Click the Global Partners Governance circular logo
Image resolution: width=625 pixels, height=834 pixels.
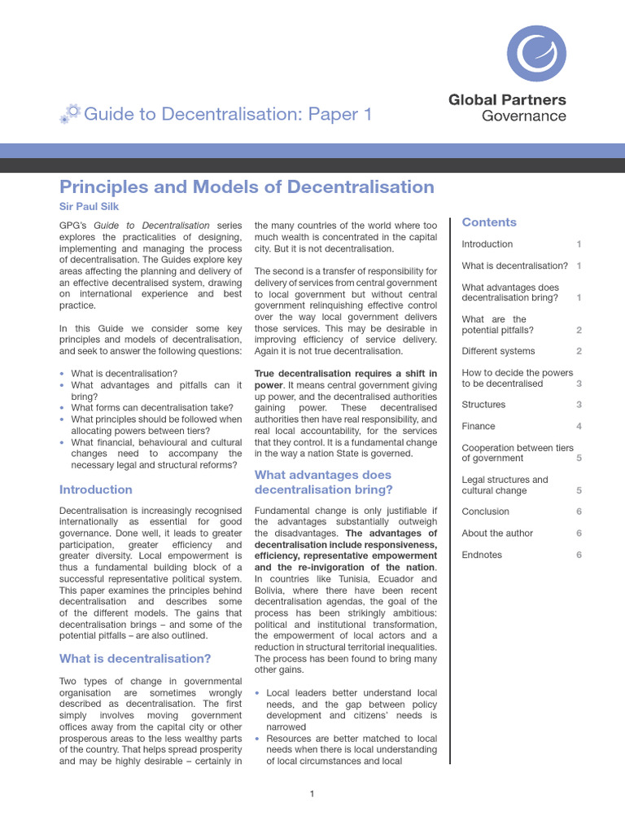(x=536, y=53)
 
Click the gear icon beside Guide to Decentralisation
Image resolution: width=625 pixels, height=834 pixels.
(x=70, y=114)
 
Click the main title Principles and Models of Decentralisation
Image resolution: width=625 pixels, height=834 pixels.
(x=247, y=187)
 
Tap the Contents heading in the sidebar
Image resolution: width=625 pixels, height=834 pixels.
(x=489, y=222)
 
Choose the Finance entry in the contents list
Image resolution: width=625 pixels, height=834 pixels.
(x=479, y=426)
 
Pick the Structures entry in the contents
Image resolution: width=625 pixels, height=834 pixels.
(x=483, y=405)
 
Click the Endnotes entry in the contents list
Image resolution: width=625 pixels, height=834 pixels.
(x=482, y=555)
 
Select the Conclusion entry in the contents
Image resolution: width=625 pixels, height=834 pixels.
(x=485, y=511)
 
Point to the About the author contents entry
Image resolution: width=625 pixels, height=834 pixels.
(x=497, y=533)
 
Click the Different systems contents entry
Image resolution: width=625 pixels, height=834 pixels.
(x=498, y=351)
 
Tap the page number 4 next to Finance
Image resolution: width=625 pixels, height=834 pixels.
(x=579, y=426)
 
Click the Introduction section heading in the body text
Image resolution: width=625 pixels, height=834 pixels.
(x=96, y=489)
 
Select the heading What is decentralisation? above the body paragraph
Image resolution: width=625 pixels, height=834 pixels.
(x=135, y=658)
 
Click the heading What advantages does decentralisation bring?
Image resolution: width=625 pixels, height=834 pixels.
(x=323, y=482)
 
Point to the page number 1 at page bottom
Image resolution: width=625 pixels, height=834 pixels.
(x=312, y=794)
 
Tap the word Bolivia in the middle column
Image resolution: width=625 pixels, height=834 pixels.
(x=273, y=590)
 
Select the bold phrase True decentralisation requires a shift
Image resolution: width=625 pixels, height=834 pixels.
(x=346, y=373)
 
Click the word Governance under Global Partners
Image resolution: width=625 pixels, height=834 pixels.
(x=523, y=116)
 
